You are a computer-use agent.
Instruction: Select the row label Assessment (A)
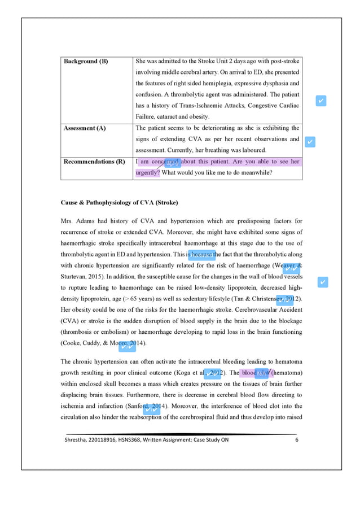coord(84,128)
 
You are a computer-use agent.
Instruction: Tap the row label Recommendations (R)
coord(94,162)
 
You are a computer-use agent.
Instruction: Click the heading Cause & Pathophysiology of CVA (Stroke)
coord(120,202)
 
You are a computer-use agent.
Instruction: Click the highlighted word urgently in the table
coord(148,173)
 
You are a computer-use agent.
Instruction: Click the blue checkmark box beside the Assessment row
coord(309,141)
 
